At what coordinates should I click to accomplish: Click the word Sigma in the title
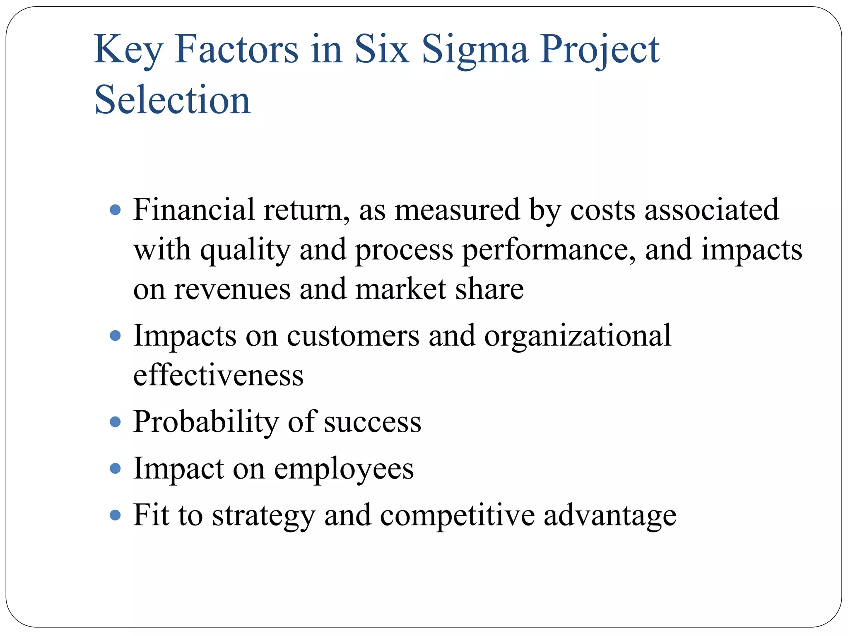click(x=475, y=50)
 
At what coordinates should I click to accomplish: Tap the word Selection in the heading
click(x=173, y=100)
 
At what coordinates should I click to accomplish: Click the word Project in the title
click(x=600, y=50)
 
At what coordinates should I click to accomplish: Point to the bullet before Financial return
click(x=116, y=210)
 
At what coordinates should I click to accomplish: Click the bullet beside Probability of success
click(x=116, y=422)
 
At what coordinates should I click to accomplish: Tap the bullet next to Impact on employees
click(x=116, y=469)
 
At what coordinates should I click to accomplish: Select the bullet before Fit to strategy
click(x=116, y=516)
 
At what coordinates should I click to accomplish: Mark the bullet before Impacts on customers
click(x=116, y=335)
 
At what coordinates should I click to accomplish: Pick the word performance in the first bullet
click(x=549, y=250)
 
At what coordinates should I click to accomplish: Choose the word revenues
click(x=232, y=289)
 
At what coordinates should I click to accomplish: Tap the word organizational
click(x=578, y=336)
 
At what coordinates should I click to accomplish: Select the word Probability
click(x=206, y=422)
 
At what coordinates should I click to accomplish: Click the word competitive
click(x=457, y=516)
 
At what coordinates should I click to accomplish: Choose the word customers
click(x=353, y=336)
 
